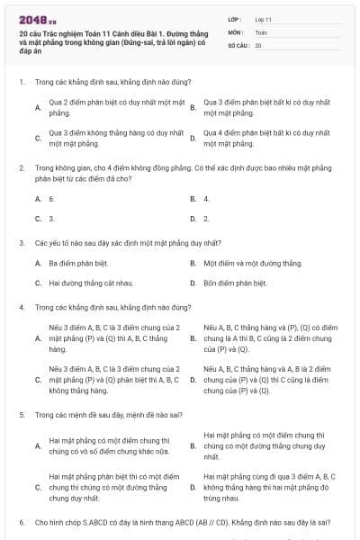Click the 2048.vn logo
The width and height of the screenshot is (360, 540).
click(36, 17)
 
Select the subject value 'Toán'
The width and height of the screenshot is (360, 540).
click(260, 31)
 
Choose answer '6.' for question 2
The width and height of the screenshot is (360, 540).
click(51, 198)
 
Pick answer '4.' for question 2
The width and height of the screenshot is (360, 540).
click(206, 198)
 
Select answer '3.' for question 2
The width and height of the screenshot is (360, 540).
click(51, 218)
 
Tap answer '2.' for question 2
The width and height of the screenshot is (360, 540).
click(206, 218)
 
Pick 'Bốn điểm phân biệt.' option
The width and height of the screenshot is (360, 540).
click(235, 283)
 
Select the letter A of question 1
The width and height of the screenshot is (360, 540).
click(37, 108)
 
